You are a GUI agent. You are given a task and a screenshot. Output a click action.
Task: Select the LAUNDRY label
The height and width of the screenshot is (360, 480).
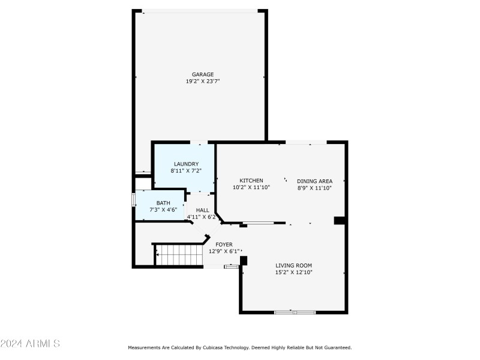pos(186,164)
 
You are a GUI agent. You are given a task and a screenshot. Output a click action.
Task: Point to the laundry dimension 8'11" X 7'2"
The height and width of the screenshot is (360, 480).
pos(186,171)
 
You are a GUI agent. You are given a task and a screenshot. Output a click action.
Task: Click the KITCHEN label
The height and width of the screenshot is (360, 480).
pos(251,181)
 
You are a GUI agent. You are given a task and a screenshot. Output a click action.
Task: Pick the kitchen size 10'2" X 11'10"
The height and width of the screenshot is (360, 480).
pos(251,187)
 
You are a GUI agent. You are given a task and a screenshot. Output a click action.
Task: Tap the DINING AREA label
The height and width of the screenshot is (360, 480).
pos(314,181)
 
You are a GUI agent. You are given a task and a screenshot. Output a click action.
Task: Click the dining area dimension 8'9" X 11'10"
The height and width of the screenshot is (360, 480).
pos(314,188)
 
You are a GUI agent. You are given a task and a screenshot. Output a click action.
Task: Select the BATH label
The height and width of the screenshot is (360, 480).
pos(163,203)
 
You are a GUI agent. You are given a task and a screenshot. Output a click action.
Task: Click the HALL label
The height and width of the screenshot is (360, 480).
pos(202,210)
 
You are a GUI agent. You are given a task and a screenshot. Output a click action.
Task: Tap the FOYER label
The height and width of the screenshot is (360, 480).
pos(224,244)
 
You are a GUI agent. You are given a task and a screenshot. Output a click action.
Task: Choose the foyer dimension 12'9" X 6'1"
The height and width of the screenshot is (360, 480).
pos(224,251)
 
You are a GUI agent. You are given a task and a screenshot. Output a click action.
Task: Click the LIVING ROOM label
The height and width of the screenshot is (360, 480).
pos(293,265)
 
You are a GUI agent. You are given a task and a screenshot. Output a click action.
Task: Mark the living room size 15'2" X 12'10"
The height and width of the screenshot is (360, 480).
pos(293,272)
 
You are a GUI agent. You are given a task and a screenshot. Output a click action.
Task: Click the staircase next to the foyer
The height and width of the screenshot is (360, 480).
pos(178,255)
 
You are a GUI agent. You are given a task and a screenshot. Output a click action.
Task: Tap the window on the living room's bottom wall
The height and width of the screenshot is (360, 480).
pos(295,312)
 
